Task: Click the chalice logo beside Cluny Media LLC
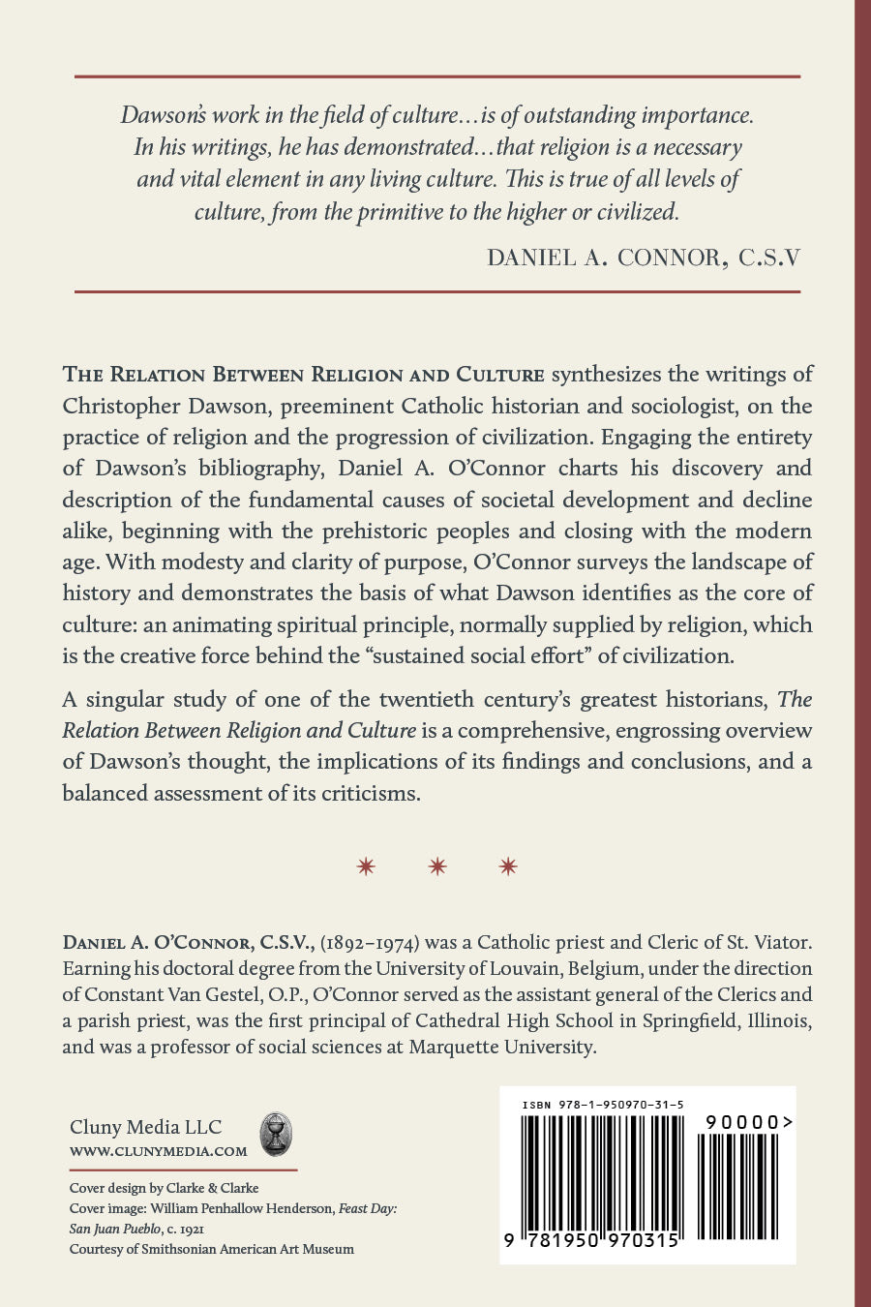click(276, 1134)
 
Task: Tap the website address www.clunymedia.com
click(159, 1152)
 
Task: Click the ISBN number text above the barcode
click(602, 1105)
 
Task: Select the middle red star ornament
click(437, 866)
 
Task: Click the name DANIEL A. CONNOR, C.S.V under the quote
click(644, 258)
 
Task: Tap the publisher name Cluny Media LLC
click(145, 1127)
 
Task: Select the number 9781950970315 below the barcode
click(592, 1241)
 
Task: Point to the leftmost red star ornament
click(366, 866)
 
